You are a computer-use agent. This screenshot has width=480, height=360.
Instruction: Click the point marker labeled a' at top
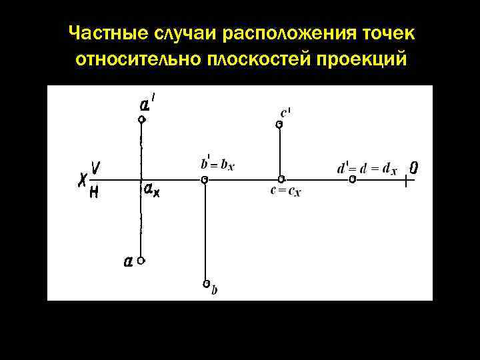click(x=141, y=120)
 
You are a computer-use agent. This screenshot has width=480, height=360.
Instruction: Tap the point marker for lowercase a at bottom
click(x=141, y=261)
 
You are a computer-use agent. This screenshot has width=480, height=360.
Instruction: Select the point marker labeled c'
click(x=280, y=124)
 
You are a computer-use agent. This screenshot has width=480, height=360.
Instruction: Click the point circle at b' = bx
click(x=205, y=179)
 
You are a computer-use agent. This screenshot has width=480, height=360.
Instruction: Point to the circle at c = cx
click(x=281, y=179)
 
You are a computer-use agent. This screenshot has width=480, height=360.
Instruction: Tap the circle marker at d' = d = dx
click(x=352, y=179)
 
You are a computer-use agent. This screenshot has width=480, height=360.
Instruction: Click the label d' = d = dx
click(x=367, y=168)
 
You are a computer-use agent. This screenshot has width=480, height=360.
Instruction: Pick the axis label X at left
click(x=83, y=179)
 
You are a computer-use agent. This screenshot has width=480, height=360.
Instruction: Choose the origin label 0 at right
click(x=414, y=167)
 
